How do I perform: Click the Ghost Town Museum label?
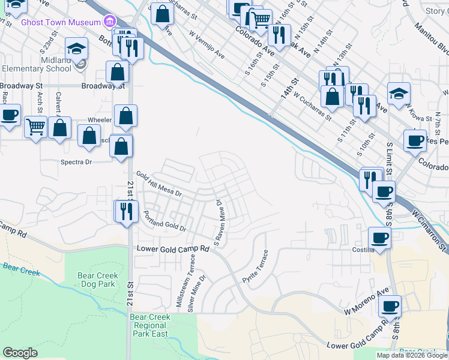(60, 22)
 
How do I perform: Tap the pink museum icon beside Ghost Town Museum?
(109, 22)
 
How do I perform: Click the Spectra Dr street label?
(76, 162)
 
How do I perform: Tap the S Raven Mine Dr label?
(218, 224)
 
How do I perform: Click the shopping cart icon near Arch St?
(36, 127)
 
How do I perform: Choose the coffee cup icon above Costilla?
(379, 237)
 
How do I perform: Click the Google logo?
(20, 353)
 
